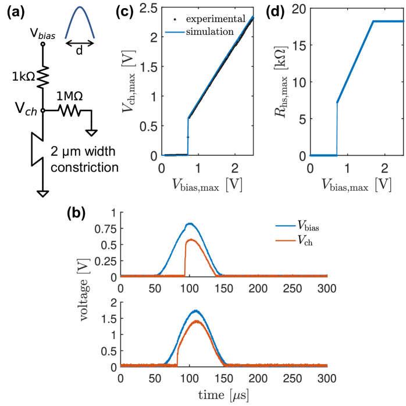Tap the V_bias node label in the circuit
44,34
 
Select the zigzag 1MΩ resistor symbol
70,111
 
